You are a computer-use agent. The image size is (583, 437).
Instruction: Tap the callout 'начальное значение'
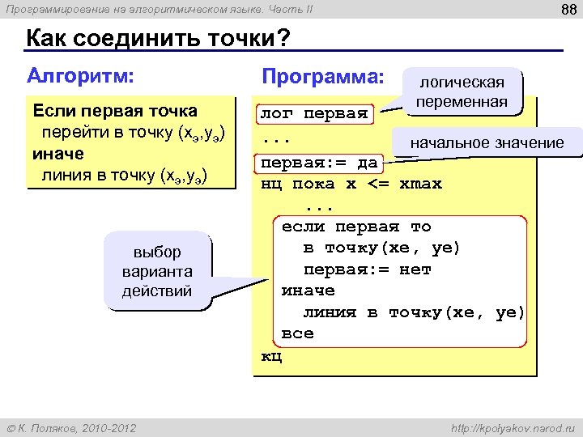click(487, 142)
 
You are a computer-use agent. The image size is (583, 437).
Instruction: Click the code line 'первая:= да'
click(318, 163)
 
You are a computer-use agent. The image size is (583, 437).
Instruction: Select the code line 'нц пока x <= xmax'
click(351, 184)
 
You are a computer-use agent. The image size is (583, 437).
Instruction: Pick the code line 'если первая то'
click(355, 227)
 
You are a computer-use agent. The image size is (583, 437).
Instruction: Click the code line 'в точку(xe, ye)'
click(381, 248)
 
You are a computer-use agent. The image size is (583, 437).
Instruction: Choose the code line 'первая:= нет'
click(367, 269)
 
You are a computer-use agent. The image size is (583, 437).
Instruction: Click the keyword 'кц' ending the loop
click(270, 355)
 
